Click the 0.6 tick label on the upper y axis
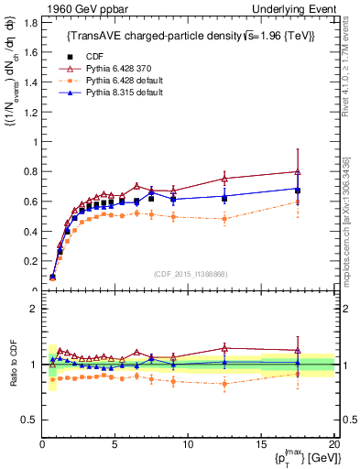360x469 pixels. [29, 202]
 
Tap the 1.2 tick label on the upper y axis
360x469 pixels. [29, 112]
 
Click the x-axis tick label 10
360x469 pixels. [188, 444]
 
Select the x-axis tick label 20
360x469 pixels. [333, 444]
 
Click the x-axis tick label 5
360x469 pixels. [115, 444]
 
